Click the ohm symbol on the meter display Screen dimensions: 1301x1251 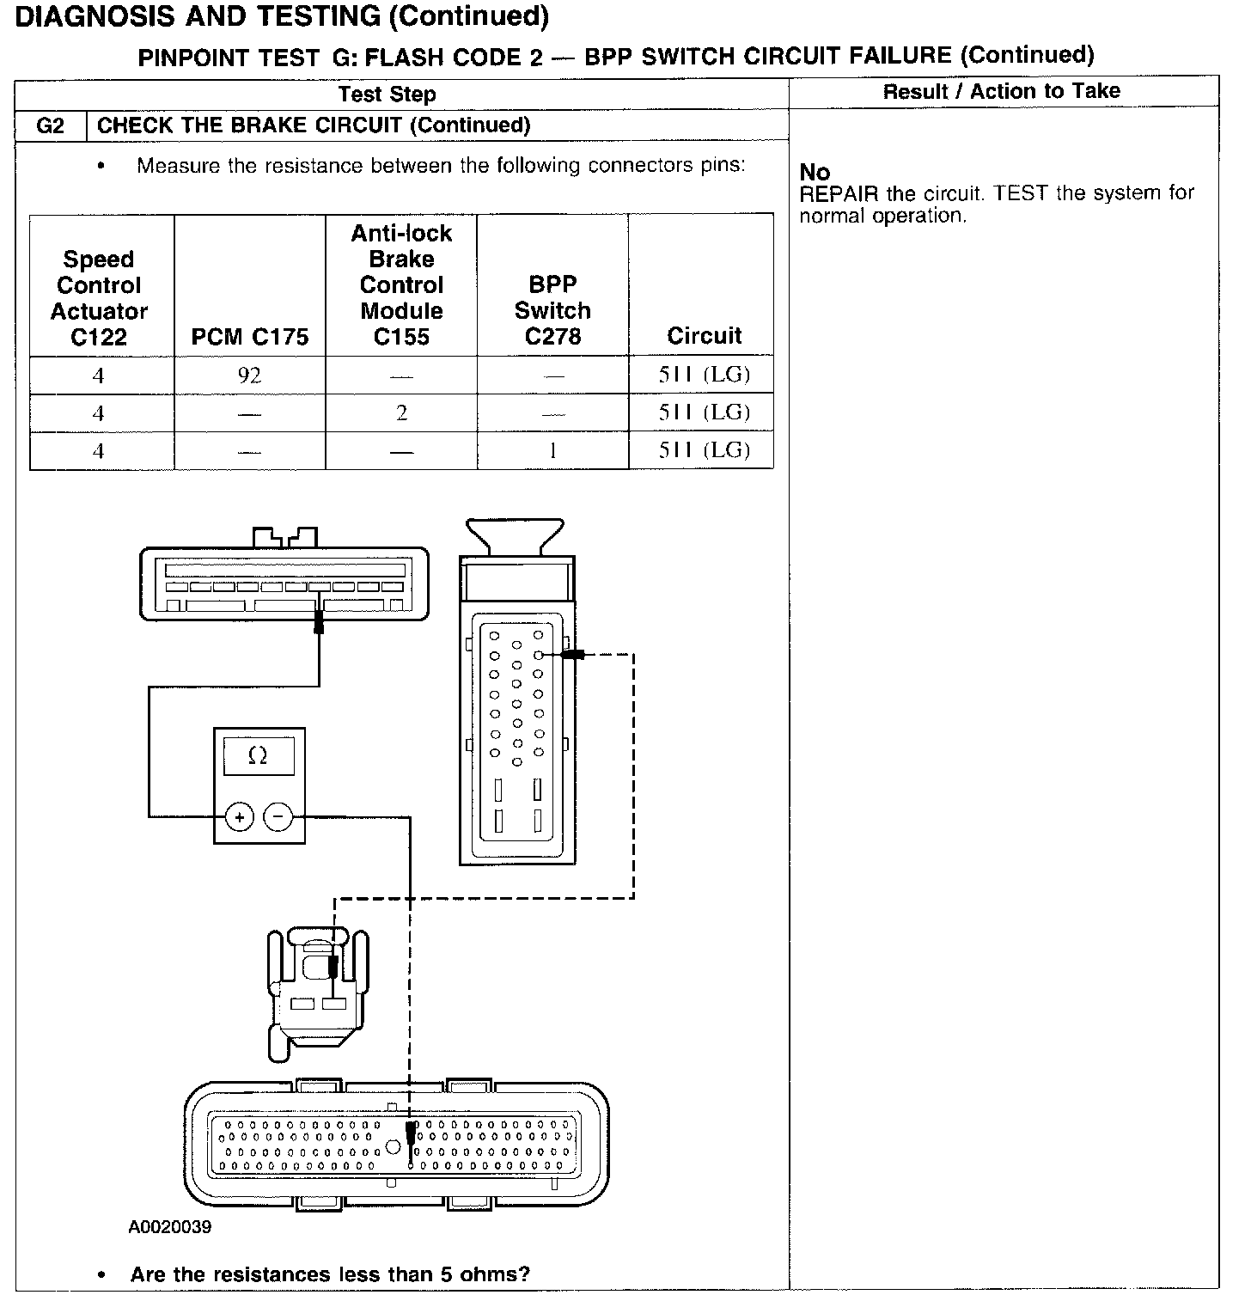(257, 755)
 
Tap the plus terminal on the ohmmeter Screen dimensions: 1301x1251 (240, 816)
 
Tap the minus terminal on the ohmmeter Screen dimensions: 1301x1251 (278, 816)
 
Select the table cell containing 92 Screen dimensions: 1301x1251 (250, 376)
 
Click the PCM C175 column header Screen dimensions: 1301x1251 (250, 337)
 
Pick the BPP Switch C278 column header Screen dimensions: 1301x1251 (552, 310)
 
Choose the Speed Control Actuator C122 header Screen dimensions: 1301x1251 (99, 298)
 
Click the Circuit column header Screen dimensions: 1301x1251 (704, 336)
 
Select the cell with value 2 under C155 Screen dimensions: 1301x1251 (401, 413)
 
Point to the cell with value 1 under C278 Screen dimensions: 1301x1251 (552, 450)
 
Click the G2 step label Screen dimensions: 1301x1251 (51, 125)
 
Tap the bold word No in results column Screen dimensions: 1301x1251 (815, 172)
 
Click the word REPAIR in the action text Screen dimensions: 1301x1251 (839, 193)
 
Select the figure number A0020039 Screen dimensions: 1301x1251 (170, 1227)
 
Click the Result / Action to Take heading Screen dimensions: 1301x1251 (1001, 91)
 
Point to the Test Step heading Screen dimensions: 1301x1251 (387, 94)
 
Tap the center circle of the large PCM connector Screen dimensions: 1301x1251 (393, 1146)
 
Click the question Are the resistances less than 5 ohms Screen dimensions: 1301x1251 (330, 1274)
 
